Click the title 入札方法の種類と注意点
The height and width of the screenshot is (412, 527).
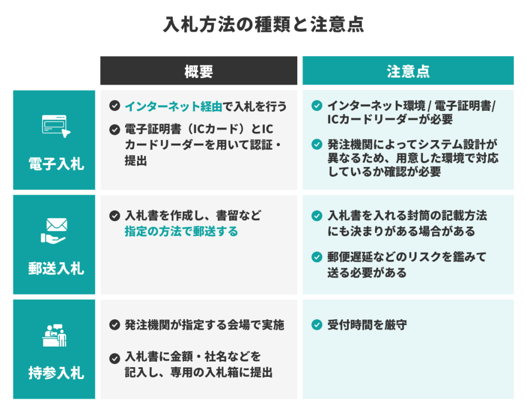[263, 24]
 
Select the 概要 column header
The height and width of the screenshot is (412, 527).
[198, 71]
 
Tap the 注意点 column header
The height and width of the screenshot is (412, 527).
[407, 71]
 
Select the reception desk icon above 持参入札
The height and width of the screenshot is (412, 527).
[54, 335]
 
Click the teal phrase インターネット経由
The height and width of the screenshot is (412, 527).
[173, 107]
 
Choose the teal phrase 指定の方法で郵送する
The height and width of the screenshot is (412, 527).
[181, 231]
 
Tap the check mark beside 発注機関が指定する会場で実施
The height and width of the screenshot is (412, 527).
[114, 325]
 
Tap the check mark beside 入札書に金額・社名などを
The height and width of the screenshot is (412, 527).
[114, 356]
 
